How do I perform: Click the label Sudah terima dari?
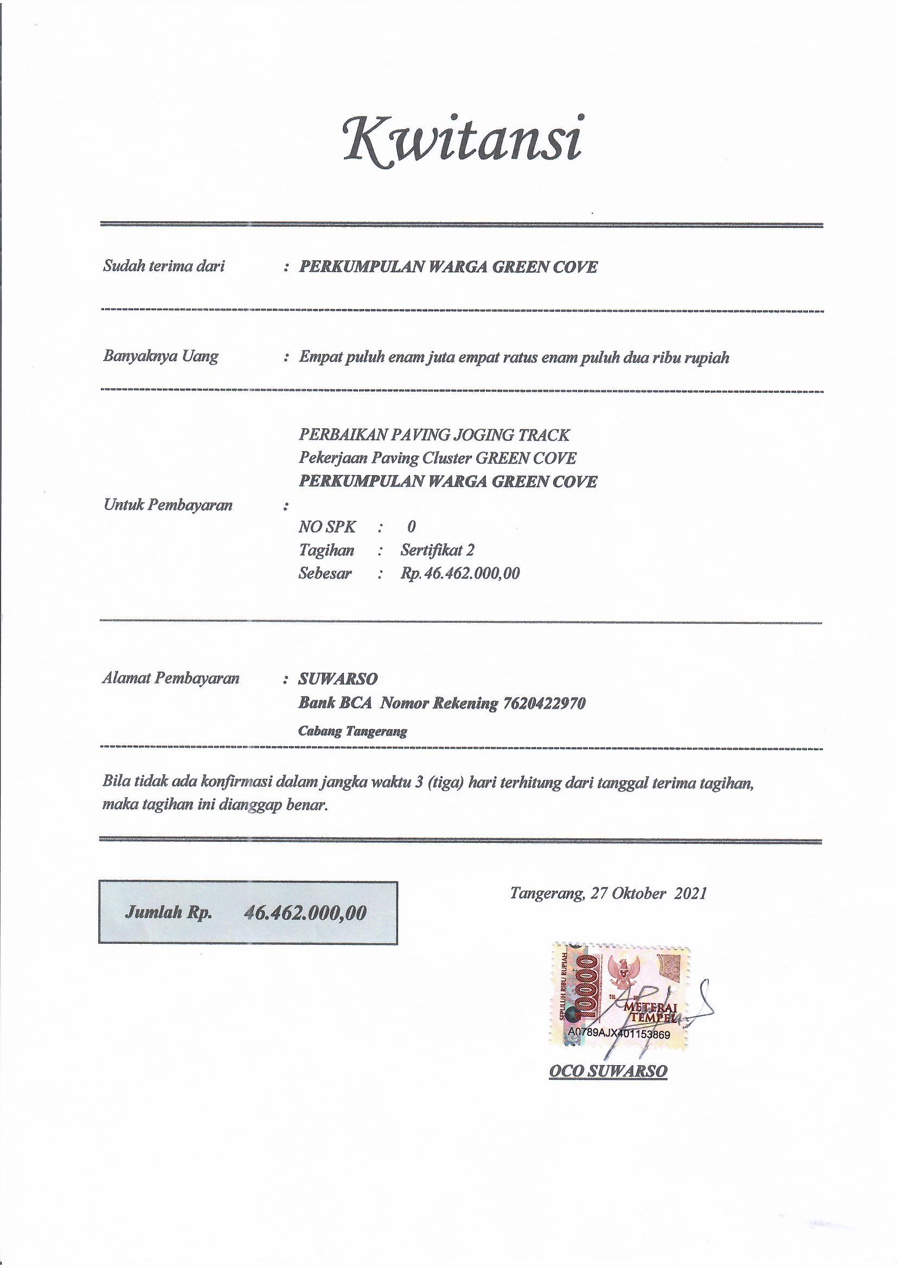[x=164, y=266]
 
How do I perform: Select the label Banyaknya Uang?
[x=161, y=356]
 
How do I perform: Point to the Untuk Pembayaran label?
[x=168, y=504]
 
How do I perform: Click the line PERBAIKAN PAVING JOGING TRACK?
[x=434, y=434]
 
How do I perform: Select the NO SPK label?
[x=327, y=527]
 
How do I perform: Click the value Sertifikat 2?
[x=438, y=550]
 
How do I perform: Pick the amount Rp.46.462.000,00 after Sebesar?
[x=460, y=573]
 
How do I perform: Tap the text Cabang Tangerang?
[x=353, y=731]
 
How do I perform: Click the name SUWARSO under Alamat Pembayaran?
[x=338, y=678]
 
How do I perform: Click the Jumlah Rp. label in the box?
[x=169, y=912]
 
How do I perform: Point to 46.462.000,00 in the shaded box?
[x=305, y=913]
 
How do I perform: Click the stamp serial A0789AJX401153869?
[x=619, y=1034]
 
